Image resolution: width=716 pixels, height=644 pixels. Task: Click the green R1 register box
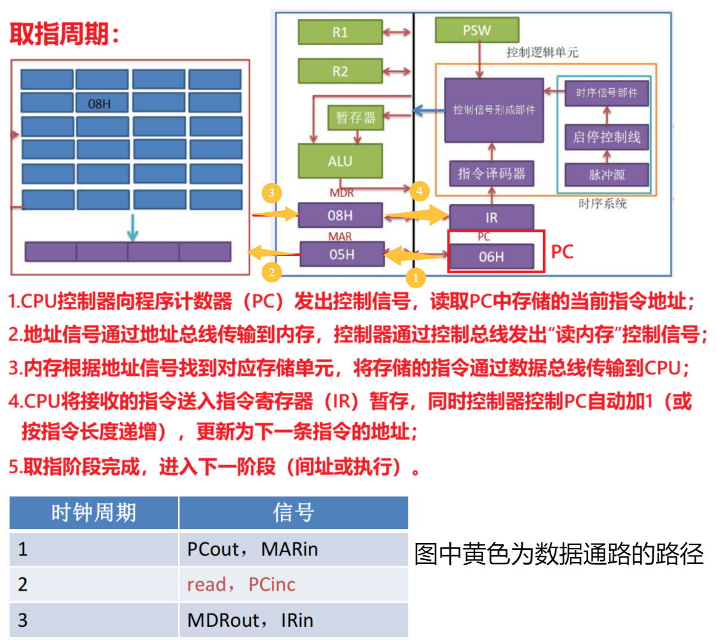tap(340, 32)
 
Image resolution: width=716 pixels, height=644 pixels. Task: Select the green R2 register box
tap(340, 71)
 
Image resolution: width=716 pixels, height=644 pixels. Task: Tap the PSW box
tap(476, 30)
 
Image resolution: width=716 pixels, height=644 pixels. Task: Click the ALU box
tap(340, 161)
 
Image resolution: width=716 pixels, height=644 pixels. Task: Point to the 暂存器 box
tap(355, 117)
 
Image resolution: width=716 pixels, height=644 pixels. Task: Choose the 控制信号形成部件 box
tap(494, 110)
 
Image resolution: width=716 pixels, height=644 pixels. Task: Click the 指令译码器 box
tap(492, 173)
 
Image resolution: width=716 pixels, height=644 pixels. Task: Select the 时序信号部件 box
tap(607, 93)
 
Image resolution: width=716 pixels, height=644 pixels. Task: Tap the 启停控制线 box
tap(607, 137)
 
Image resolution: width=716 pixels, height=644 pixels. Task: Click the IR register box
tap(492, 217)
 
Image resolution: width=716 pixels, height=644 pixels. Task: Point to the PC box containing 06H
tap(492, 257)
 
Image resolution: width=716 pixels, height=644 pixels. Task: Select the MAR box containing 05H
tap(341, 254)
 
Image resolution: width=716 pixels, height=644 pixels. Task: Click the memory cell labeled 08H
tap(102, 103)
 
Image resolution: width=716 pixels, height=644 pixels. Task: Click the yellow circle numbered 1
tap(416, 278)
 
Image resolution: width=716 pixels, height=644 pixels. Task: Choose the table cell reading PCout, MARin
tap(293, 549)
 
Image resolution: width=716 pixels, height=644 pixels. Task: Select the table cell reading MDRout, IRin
tap(293, 620)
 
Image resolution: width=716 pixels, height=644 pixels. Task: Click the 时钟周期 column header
tap(93, 513)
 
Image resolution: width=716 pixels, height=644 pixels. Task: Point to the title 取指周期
tap(64, 35)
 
